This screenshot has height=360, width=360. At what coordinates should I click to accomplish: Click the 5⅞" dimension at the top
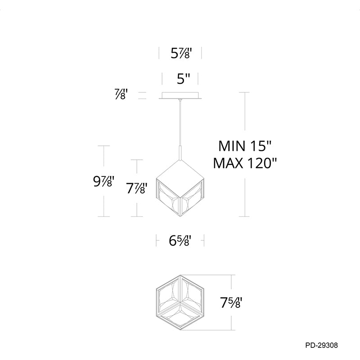click(181, 54)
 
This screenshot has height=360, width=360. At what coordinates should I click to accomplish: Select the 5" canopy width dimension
click(184, 79)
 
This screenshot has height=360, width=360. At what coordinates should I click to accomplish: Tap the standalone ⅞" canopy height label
click(121, 94)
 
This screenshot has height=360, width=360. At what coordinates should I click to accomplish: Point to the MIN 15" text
click(245, 146)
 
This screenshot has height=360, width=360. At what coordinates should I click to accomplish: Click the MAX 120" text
click(245, 163)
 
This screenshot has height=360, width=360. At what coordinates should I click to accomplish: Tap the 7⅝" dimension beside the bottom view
click(231, 302)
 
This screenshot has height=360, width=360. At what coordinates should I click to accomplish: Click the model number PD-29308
click(321, 345)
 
